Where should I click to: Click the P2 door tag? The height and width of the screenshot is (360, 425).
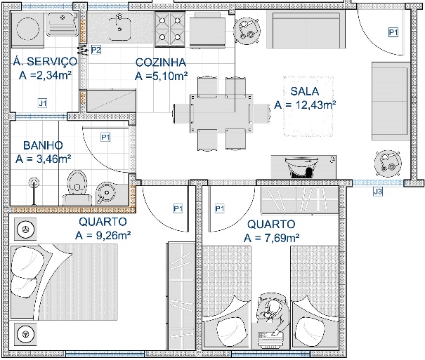coord(96,50)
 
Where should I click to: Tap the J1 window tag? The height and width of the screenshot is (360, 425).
coord(43,103)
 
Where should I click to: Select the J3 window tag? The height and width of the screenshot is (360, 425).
coord(378,192)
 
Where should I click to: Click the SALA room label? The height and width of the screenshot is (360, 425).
coord(305,91)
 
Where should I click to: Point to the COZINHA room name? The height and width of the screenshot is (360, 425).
coord(161,62)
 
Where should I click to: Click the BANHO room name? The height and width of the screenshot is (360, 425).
coord(43,145)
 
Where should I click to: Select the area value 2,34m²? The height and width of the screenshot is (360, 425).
coord(52,75)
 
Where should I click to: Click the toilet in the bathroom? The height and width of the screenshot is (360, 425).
coord(77,187)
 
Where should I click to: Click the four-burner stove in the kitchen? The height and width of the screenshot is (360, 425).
coord(170,29)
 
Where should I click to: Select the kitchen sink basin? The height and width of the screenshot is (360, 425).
coord(119,27)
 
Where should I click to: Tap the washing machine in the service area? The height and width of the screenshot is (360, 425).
coord(27,28)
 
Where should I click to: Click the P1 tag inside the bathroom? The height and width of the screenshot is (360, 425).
coord(105,138)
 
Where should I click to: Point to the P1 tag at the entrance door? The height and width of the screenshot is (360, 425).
coord(393,32)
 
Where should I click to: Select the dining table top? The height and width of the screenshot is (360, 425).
coord(221,113)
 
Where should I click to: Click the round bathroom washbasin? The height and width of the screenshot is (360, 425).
coord(107,192)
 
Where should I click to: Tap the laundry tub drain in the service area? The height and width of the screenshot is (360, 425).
coord(63,18)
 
